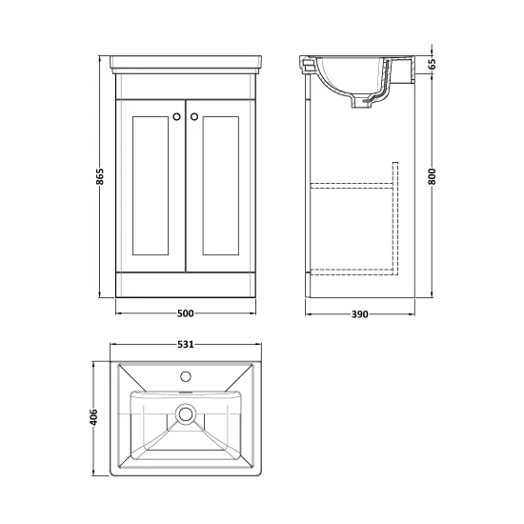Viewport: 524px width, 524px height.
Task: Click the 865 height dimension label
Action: (100, 176)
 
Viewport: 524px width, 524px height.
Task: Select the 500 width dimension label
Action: (186, 313)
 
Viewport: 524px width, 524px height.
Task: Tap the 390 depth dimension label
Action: (359, 314)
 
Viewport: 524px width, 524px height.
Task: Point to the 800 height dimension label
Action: (433, 176)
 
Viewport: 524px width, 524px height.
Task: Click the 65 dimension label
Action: (433, 64)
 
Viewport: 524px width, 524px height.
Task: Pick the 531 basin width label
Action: (186, 344)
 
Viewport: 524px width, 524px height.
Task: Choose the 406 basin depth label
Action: (94, 417)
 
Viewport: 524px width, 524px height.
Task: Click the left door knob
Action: (177, 116)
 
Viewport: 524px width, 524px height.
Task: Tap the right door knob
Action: (194, 116)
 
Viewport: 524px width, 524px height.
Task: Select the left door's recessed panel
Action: (151, 186)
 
